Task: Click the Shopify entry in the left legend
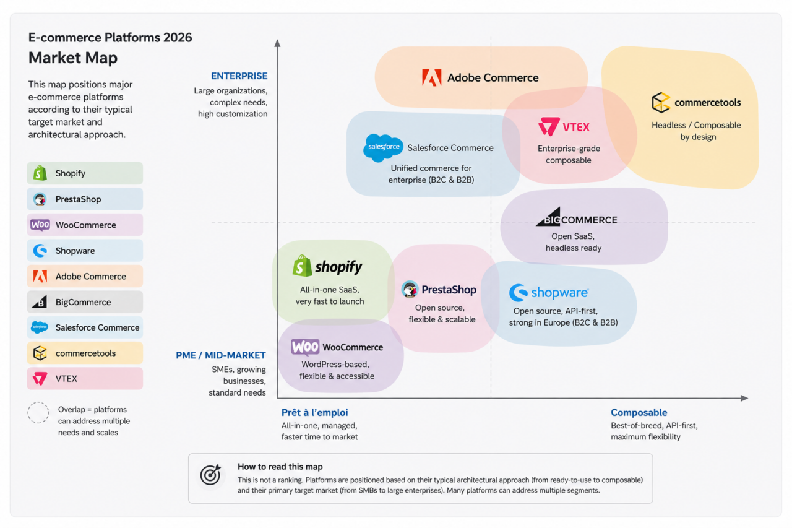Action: (85, 173)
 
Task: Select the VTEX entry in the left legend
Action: (85, 378)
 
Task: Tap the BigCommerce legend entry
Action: (85, 302)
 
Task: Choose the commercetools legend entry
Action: (85, 353)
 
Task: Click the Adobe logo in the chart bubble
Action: (432, 77)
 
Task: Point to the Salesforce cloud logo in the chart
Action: (383, 148)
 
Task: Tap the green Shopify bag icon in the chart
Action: (303, 266)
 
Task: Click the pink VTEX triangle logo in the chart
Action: (549, 127)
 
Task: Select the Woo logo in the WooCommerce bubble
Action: (305, 347)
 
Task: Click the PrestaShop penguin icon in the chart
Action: (410, 289)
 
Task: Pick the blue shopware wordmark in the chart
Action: (560, 292)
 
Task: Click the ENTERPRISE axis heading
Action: (239, 76)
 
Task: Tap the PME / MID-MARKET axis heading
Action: (221, 355)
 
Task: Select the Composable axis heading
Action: (639, 412)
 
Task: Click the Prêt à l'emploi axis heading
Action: (315, 412)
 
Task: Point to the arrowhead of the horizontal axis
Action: (744, 398)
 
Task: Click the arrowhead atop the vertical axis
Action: (278, 43)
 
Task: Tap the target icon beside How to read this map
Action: (211, 475)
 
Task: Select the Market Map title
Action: (73, 58)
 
